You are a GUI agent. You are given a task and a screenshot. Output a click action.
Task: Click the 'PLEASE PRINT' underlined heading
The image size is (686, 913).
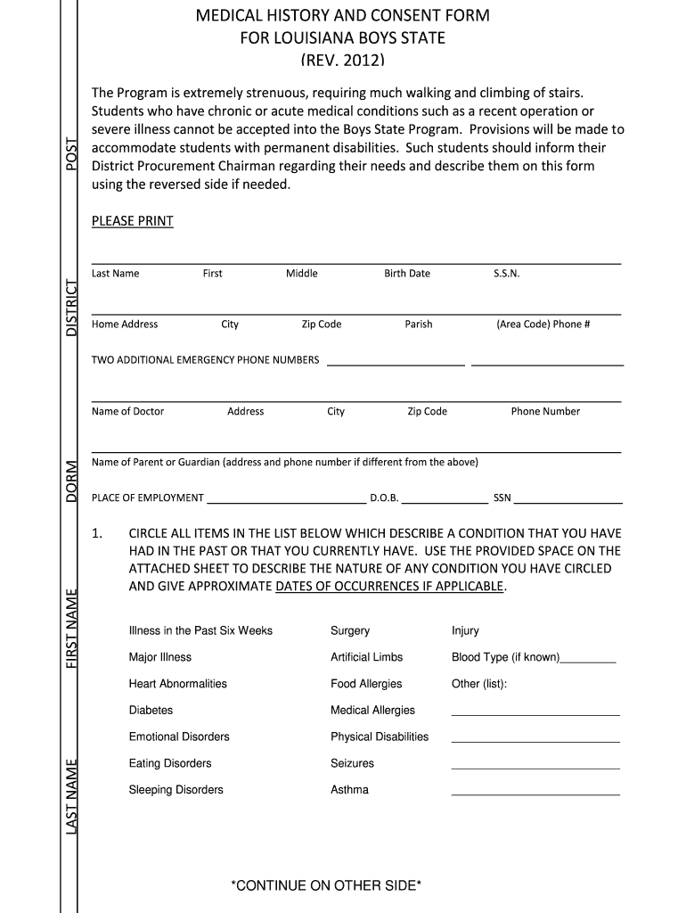132,221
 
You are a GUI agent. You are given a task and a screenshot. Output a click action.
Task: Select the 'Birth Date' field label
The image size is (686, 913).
406,274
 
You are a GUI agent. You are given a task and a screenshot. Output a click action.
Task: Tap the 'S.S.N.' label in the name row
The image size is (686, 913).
506,274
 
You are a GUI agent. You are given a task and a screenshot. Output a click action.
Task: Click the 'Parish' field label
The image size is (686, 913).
418,325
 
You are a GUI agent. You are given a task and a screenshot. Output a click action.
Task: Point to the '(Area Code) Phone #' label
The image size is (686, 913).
543,325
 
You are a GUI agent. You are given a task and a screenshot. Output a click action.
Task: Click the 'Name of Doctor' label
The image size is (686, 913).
127,412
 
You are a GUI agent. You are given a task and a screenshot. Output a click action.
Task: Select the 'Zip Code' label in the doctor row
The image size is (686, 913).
427,412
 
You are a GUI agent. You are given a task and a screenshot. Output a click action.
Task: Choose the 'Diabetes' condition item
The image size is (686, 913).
151,711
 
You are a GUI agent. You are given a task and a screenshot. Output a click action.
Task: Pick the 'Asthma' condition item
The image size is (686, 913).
349,790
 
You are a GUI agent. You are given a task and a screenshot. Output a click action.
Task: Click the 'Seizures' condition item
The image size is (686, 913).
352,763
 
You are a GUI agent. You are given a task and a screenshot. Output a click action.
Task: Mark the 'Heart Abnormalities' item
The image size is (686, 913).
177,684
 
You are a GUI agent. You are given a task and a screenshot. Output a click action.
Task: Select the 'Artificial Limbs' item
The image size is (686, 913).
366,657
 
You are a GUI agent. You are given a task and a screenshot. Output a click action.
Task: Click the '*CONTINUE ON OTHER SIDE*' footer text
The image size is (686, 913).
325,885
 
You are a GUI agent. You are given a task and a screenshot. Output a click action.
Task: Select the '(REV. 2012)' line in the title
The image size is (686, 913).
342,61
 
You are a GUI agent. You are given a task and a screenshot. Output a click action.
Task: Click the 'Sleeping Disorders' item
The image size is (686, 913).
176,790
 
